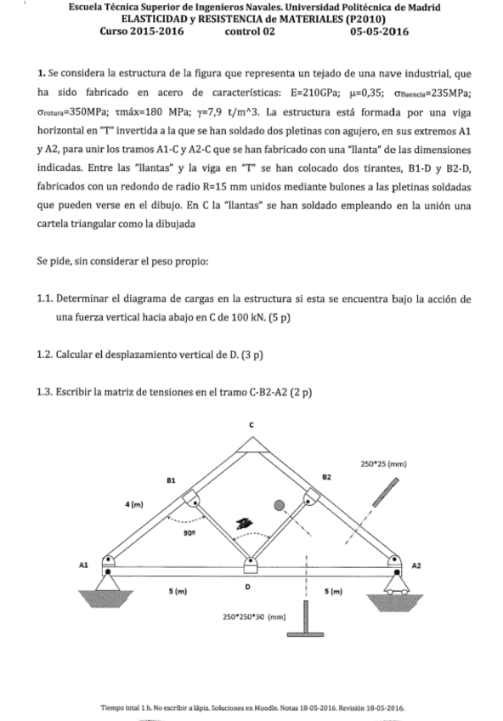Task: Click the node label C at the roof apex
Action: pyautogui.click(x=251, y=424)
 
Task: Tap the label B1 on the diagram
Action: pyautogui.click(x=171, y=480)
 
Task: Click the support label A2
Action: pyautogui.click(x=415, y=564)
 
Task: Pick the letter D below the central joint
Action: pyautogui.click(x=247, y=587)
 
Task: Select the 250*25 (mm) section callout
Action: pyautogui.click(x=384, y=464)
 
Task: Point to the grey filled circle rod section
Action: pyautogui.click(x=279, y=504)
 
